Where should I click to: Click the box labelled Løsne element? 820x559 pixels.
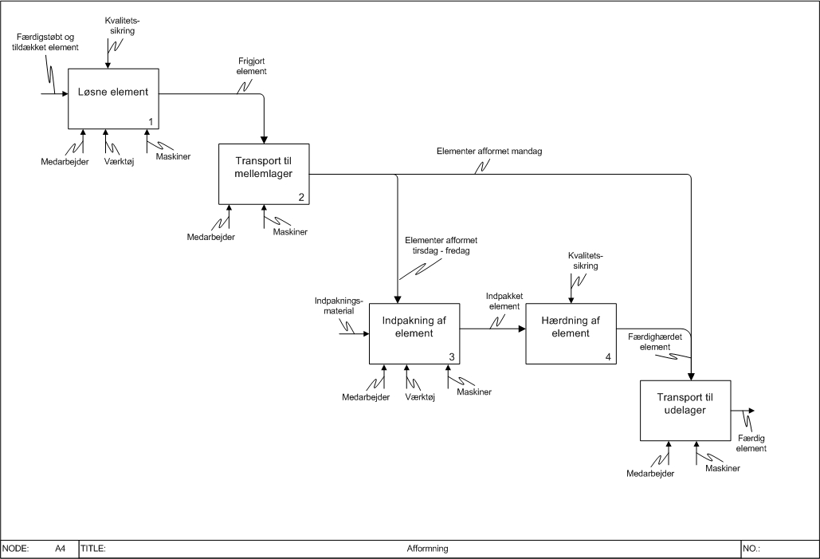(113, 98)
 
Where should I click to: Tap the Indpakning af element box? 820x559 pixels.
(414, 333)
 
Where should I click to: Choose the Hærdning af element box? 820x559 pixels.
(571, 333)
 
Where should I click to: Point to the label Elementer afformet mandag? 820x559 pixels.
(489, 151)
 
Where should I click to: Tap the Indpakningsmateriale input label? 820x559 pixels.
(339, 306)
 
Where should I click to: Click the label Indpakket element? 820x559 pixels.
(504, 301)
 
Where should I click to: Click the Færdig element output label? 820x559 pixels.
(751, 443)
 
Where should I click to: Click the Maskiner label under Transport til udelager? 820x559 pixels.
(722, 468)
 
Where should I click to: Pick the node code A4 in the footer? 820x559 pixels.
(61, 549)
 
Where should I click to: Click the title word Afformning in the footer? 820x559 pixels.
(428, 549)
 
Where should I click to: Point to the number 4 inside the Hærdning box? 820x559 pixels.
(608, 356)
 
